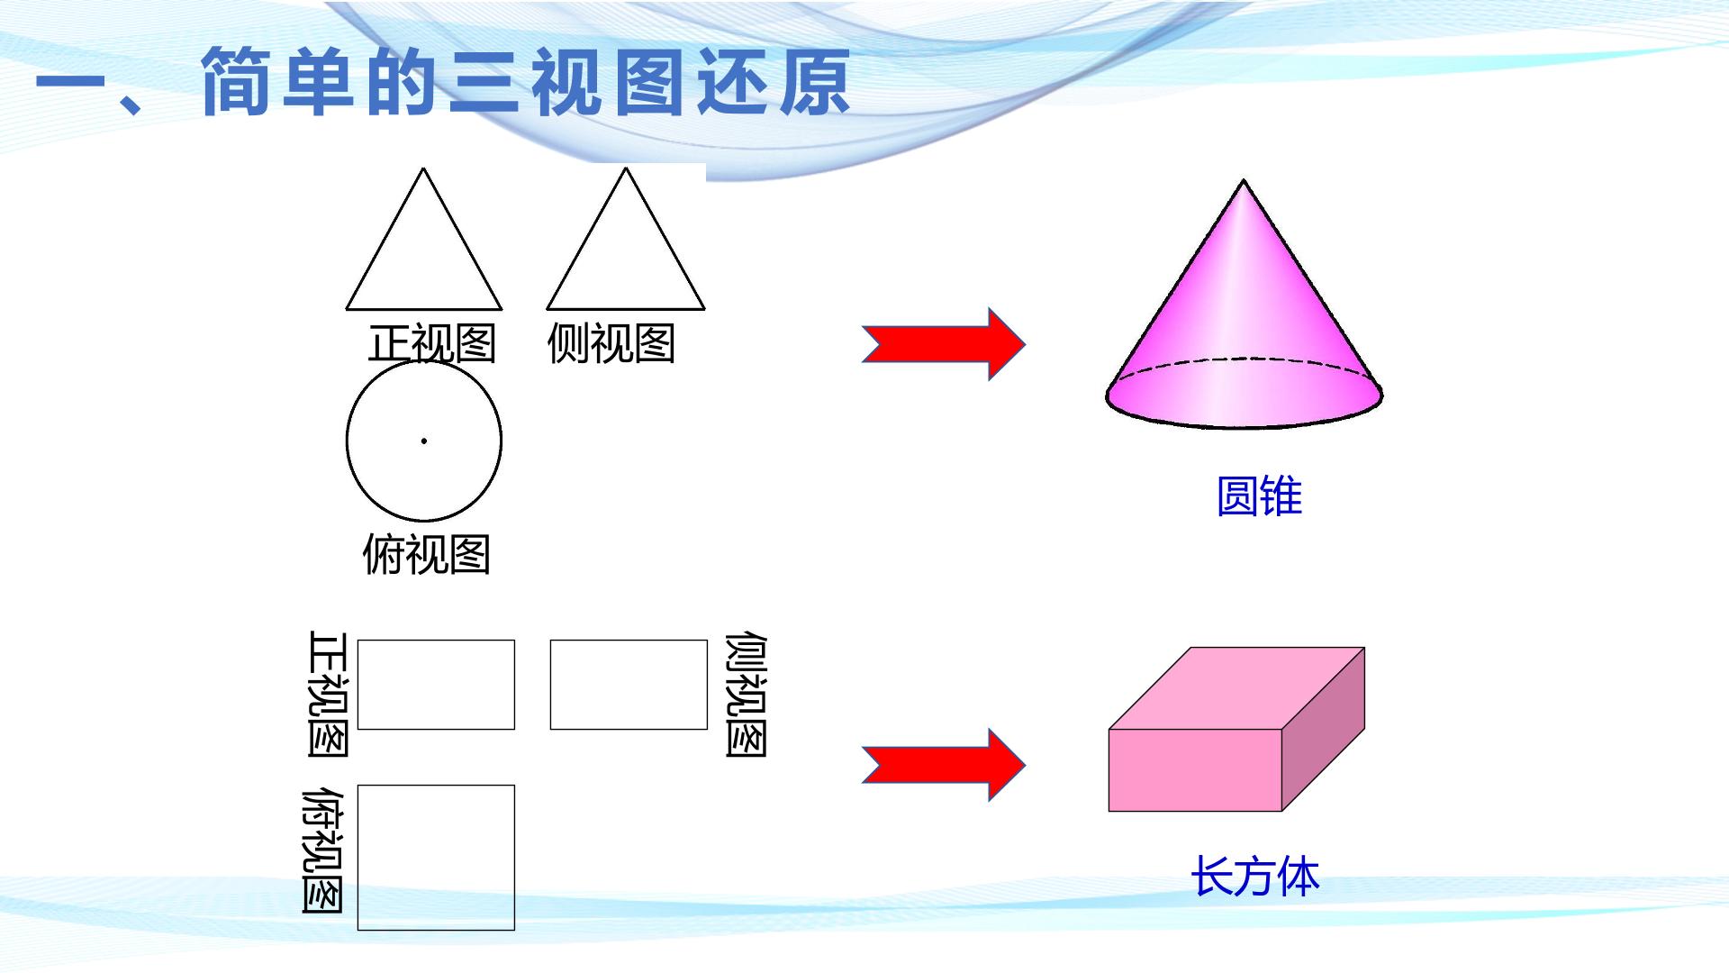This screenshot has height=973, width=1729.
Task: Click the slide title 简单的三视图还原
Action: [524, 82]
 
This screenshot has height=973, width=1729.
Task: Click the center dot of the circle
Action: [423, 441]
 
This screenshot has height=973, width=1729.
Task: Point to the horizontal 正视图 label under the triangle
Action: [432, 344]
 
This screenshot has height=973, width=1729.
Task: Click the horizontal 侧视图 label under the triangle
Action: [611, 344]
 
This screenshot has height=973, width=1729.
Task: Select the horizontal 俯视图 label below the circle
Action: [426, 554]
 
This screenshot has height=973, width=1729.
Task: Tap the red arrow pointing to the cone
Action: [943, 344]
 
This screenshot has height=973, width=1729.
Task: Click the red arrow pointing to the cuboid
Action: [943, 765]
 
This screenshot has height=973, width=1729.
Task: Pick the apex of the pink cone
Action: [1244, 180]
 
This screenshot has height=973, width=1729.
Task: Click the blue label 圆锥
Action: [1259, 496]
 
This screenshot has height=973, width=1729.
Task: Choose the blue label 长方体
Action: [1254, 877]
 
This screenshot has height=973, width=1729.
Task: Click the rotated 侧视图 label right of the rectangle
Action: [747, 695]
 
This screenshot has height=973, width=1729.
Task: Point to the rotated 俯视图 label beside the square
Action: [322, 851]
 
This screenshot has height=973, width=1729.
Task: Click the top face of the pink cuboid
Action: [1236, 688]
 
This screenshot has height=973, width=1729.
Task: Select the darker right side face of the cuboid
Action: [1324, 729]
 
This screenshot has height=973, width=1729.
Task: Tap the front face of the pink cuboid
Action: [1195, 770]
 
